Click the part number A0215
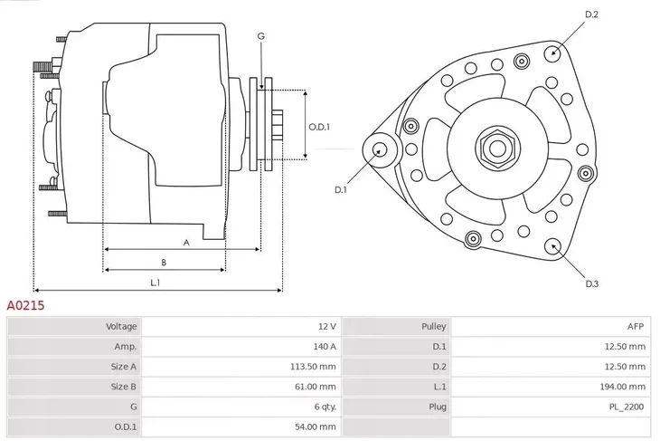[x=26, y=306]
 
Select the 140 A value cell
[x=325, y=346]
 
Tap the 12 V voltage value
[x=327, y=326]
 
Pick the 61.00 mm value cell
[x=318, y=386]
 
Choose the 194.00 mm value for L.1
[x=627, y=386]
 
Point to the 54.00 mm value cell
[x=318, y=426]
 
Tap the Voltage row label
[x=121, y=326]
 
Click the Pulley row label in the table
[x=433, y=326]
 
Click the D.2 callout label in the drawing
[x=592, y=14]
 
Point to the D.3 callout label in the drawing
[x=592, y=283]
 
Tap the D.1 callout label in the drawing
[x=341, y=189]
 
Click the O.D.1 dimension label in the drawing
[x=318, y=127]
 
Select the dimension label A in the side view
[x=186, y=242]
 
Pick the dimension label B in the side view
[x=164, y=263]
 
